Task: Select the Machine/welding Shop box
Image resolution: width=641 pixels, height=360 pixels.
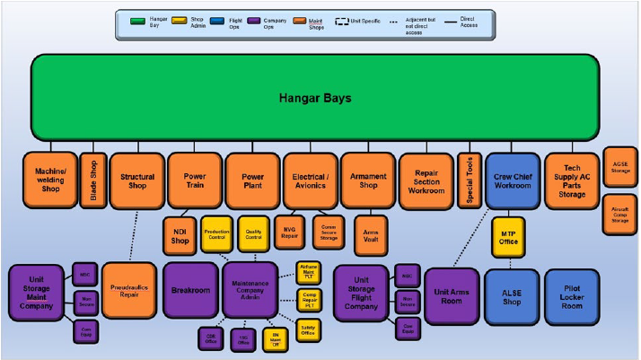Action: click(49, 180)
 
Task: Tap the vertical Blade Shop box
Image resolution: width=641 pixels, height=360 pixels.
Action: click(92, 180)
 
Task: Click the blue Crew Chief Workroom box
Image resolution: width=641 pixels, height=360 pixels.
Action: click(512, 180)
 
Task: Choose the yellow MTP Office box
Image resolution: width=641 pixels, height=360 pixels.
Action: click(510, 237)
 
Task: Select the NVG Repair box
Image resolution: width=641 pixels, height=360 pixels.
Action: click(290, 232)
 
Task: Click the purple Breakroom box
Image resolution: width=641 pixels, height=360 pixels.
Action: click(190, 290)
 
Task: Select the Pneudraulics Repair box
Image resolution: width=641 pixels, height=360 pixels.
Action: click(129, 290)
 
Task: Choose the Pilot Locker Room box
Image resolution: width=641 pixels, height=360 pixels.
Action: click(571, 295)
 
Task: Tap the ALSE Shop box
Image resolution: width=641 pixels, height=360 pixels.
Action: click(510, 295)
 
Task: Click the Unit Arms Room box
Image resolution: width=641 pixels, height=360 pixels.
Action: click(452, 295)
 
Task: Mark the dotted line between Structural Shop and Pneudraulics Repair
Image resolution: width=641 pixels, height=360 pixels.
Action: click(135, 235)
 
